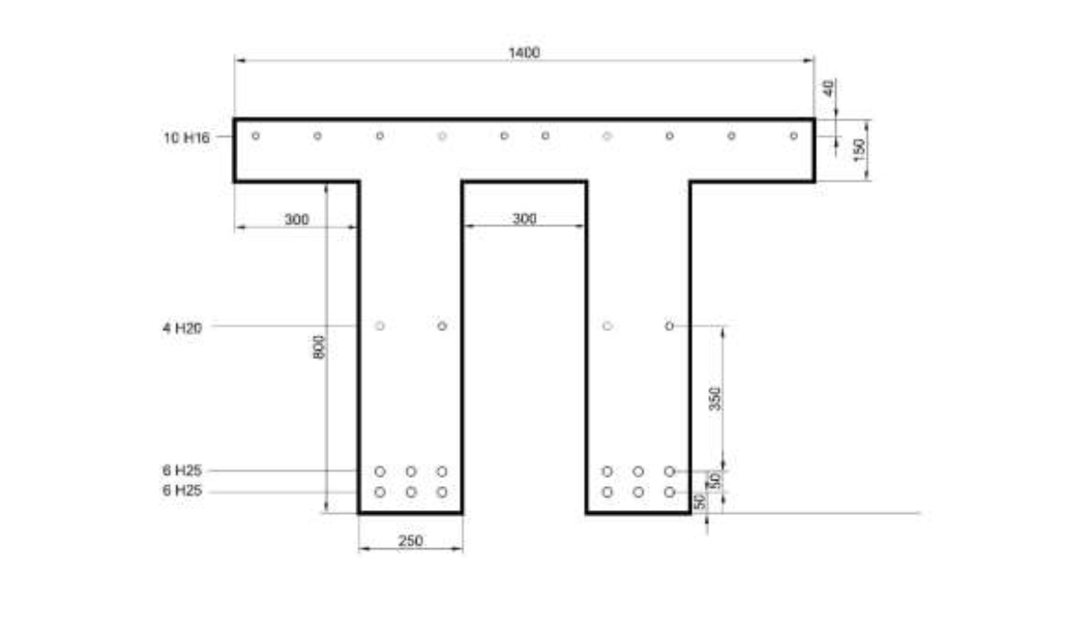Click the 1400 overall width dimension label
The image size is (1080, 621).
click(x=524, y=53)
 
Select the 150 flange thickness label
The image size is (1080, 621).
click(x=859, y=148)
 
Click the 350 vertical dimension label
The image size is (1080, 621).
click(x=715, y=399)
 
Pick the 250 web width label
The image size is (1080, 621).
click(x=409, y=541)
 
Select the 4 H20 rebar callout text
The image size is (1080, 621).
click(x=182, y=328)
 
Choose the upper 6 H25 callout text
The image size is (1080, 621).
click(x=182, y=471)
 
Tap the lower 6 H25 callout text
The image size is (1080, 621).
click(x=182, y=492)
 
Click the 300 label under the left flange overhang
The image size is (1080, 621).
click(x=296, y=220)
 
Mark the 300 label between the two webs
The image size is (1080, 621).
click(x=524, y=219)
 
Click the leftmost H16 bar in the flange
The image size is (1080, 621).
click(x=256, y=136)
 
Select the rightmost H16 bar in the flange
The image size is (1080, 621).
click(x=793, y=136)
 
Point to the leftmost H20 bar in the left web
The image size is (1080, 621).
click(x=380, y=325)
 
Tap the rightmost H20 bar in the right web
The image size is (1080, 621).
click(x=669, y=325)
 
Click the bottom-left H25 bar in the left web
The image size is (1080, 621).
click(x=380, y=492)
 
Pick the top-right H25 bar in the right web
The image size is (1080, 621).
click(x=669, y=471)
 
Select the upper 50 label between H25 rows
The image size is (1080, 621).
click(x=715, y=481)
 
